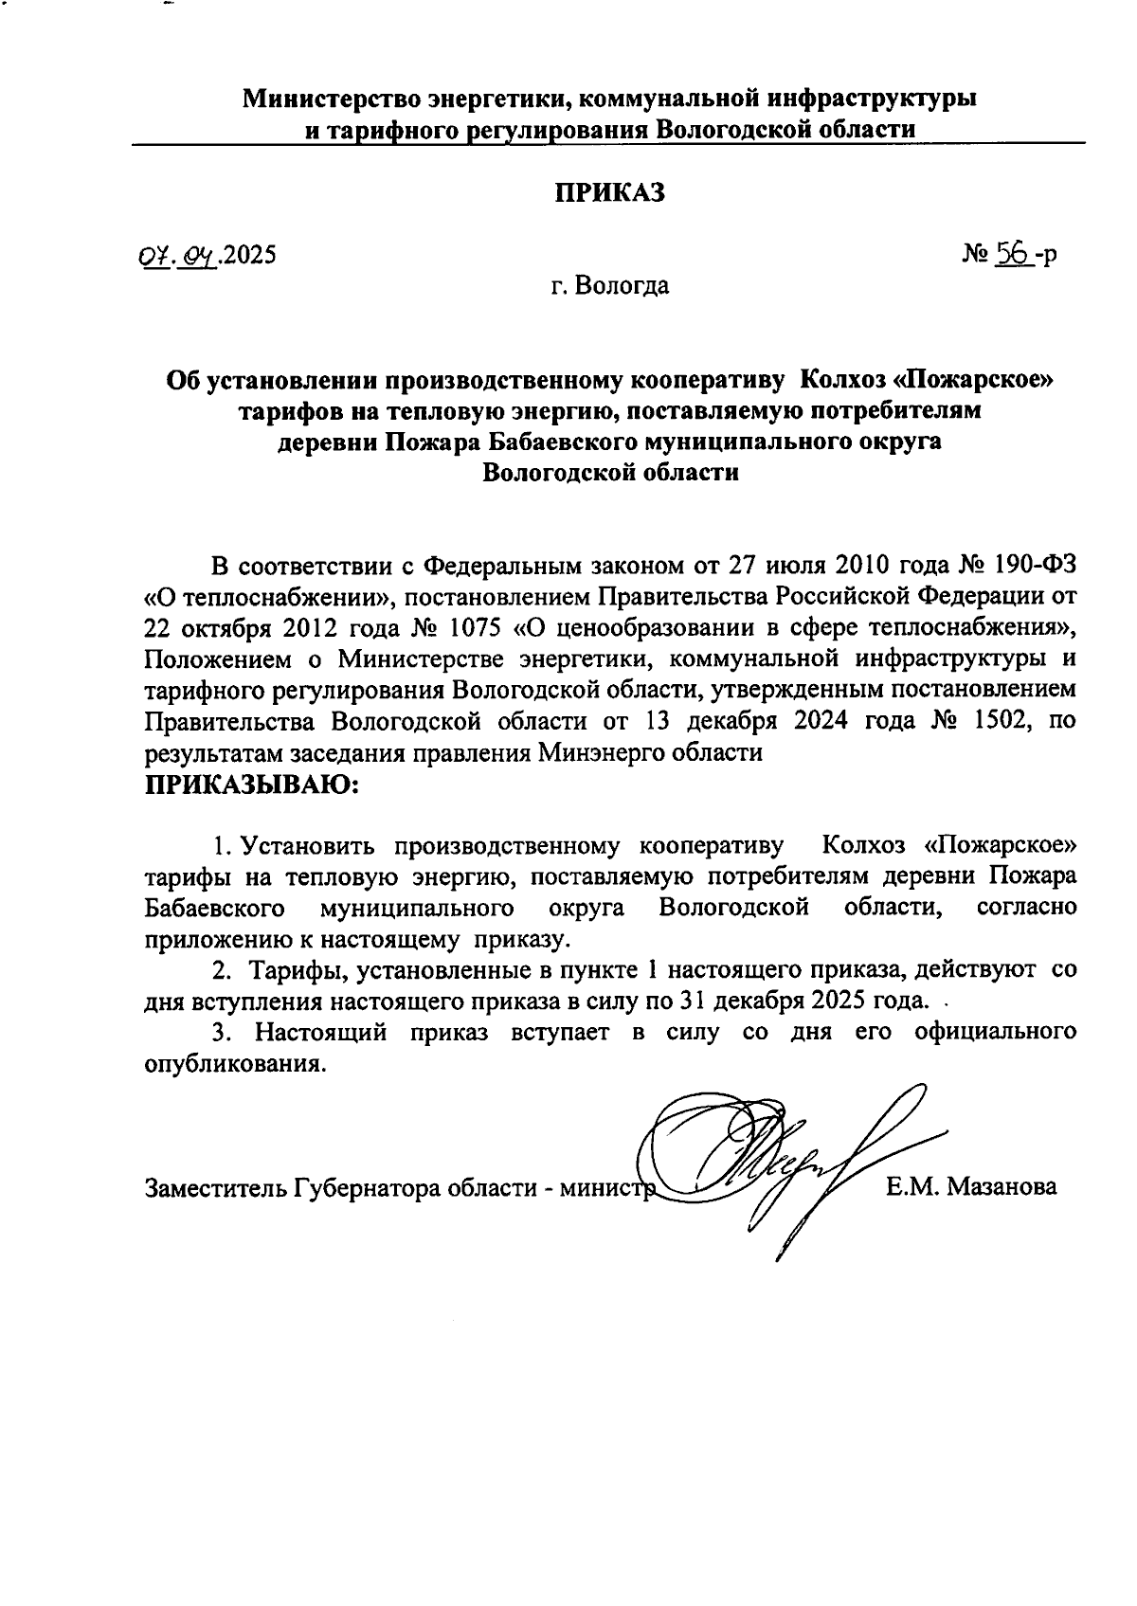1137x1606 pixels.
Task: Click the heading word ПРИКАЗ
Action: coord(610,192)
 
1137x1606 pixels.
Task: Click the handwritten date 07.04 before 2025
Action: coord(176,255)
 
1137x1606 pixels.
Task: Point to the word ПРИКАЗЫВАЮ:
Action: coord(250,785)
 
